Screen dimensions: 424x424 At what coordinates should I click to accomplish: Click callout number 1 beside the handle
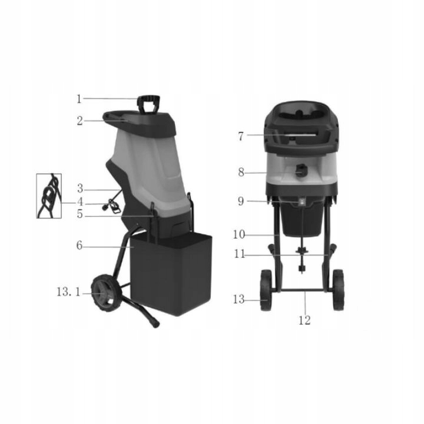(x=79, y=99)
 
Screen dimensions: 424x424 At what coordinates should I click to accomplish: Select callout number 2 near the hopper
(x=79, y=121)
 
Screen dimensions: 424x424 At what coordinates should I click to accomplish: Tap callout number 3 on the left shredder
(x=80, y=188)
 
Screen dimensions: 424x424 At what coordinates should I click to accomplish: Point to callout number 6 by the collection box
(x=79, y=246)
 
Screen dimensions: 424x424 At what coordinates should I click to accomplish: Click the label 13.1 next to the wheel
(x=68, y=292)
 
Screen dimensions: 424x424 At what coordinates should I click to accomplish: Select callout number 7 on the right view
(x=241, y=136)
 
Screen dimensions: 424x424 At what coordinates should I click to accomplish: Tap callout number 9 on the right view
(x=241, y=201)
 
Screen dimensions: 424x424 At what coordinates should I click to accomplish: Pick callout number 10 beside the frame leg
(x=238, y=234)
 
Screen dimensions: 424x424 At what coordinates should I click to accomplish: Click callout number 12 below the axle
(x=304, y=320)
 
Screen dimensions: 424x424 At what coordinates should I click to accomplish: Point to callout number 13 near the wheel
(x=238, y=299)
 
